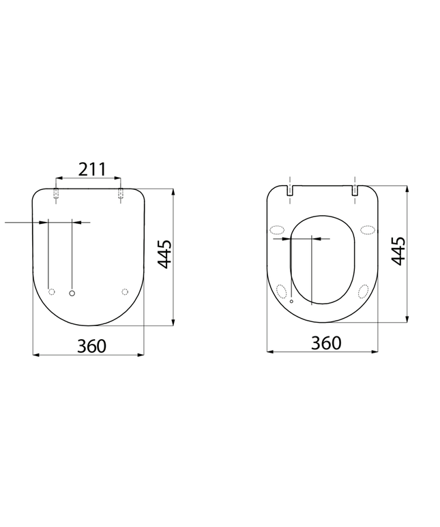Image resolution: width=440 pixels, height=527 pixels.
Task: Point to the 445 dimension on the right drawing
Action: (399, 251)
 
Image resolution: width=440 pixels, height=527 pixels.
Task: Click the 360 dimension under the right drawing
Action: (325, 342)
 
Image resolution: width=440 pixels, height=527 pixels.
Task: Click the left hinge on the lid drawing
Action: (56, 195)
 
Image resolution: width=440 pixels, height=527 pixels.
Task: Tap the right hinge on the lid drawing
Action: (121, 195)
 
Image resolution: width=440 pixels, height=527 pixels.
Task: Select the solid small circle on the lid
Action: (72, 292)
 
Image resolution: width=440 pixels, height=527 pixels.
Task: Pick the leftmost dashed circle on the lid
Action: (51, 292)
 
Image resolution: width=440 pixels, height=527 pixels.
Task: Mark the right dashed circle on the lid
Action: (124, 292)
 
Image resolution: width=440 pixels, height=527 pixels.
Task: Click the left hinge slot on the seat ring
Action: (291, 191)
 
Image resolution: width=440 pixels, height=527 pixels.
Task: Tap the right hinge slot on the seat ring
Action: (355, 191)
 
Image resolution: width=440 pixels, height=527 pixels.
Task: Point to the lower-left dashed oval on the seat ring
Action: (282, 291)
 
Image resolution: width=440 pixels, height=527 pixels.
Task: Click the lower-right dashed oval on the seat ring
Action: (364, 291)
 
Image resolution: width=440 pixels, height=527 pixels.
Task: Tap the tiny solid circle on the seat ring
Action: (291, 300)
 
